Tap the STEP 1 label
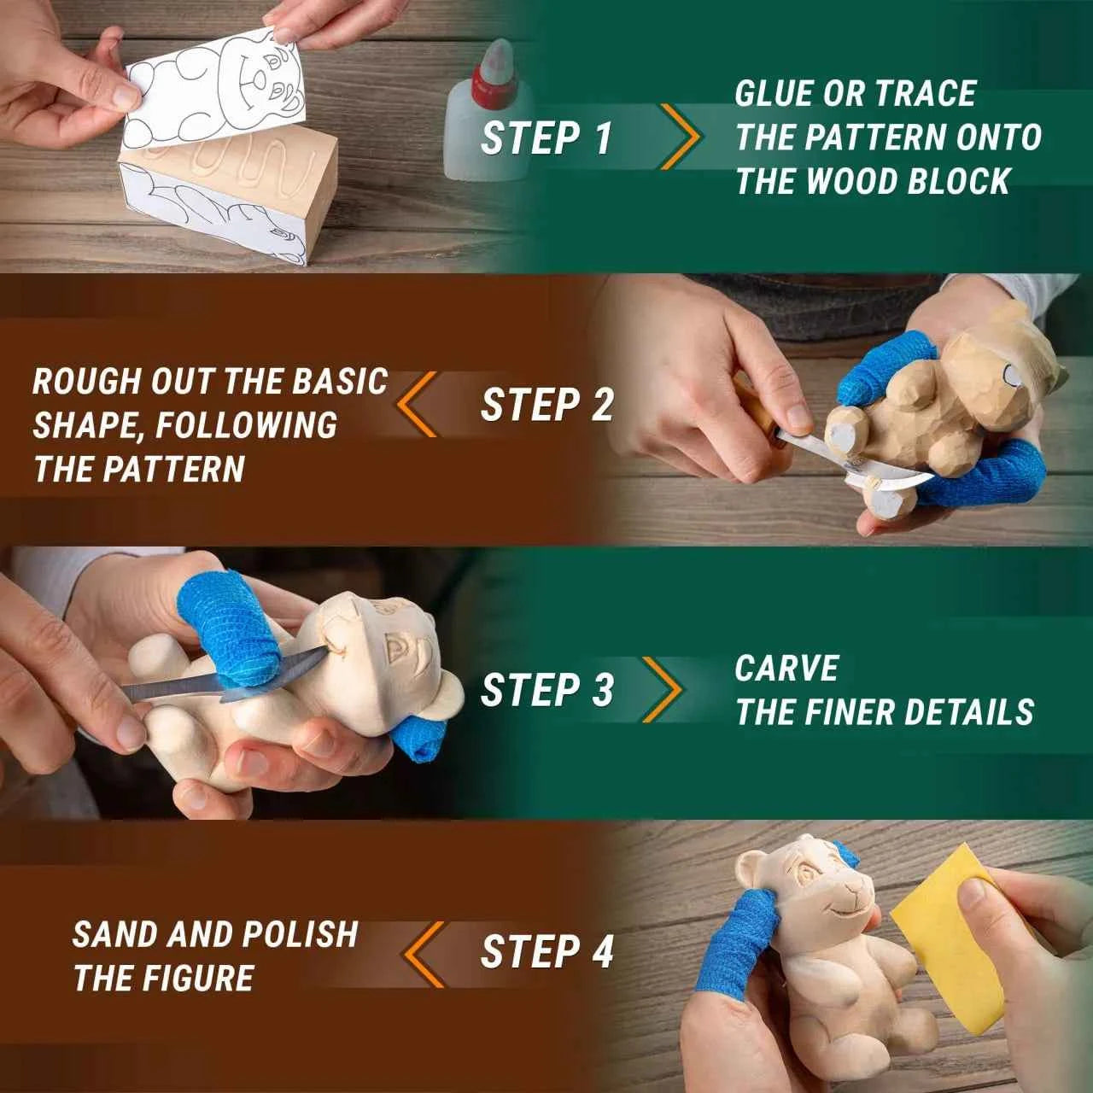(546, 138)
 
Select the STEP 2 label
(546, 405)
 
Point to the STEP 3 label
(546, 690)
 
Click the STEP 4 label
(546, 951)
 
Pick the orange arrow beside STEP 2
(417, 404)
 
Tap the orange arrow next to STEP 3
(663, 690)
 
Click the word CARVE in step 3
(786, 669)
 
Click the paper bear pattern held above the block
(213, 94)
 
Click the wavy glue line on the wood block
(213, 158)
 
